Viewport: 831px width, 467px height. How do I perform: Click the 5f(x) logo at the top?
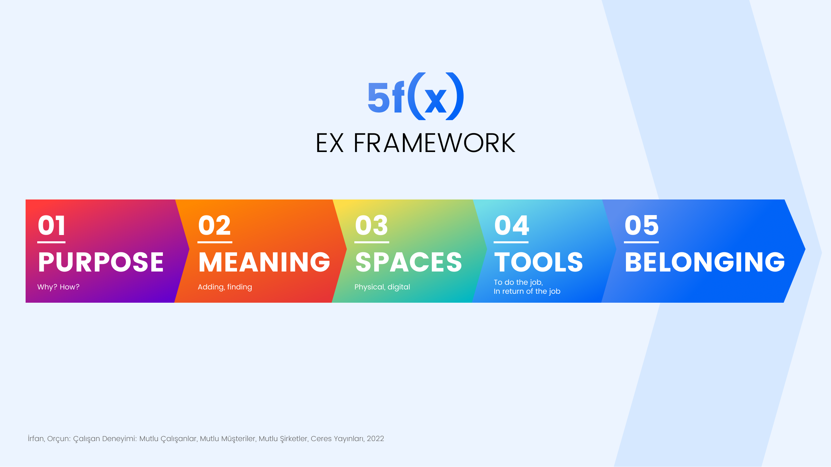tap(415, 96)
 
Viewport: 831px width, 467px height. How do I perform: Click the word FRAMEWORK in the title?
tap(434, 143)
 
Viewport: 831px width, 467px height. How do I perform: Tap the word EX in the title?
tap(329, 143)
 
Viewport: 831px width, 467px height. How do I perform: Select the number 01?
tap(52, 225)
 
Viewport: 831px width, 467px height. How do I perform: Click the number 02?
tap(214, 225)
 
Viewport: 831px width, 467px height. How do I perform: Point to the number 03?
tap(371, 225)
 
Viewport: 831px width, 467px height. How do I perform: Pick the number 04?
tap(511, 225)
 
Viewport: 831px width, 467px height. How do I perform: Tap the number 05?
tap(642, 225)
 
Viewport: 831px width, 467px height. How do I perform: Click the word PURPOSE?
tap(101, 262)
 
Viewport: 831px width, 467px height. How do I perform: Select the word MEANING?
tap(264, 262)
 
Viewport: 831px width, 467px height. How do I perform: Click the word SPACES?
tap(409, 262)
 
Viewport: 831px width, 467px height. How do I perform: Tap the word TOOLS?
tap(538, 262)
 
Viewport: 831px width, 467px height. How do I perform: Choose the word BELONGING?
tap(705, 262)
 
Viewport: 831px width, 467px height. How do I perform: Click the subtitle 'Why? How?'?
tap(59, 287)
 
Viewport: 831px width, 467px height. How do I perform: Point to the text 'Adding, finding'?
tap(225, 287)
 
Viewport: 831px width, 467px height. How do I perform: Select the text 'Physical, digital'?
tap(382, 287)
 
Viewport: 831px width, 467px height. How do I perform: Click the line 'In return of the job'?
tap(527, 291)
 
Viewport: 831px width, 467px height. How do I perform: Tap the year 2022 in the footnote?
tap(375, 438)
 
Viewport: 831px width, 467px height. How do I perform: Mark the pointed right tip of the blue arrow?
tap(805, 249)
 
